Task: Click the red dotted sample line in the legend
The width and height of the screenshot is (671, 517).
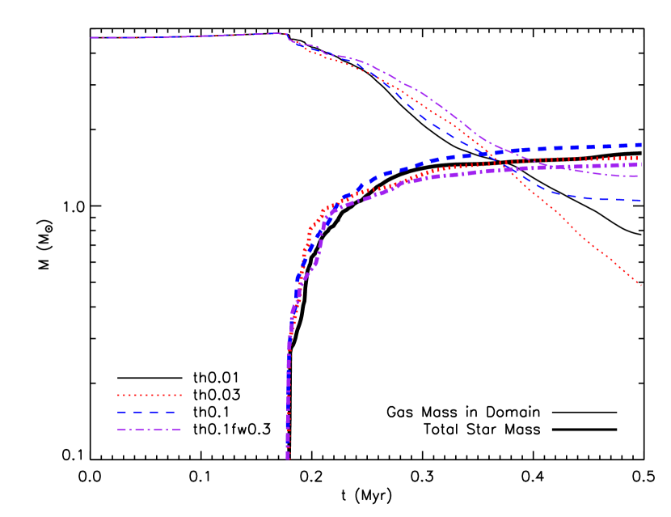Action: point(150,395)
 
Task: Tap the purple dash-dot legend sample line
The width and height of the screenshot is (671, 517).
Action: point(150,429)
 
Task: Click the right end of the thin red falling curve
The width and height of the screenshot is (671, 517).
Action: point(640,285)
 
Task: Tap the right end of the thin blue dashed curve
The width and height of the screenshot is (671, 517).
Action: point(640,200)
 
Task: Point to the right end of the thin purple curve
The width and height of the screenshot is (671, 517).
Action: point(640,176)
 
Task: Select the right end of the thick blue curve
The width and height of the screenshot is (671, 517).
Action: point(640,145)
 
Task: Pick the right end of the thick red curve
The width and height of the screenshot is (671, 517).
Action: point(640,158)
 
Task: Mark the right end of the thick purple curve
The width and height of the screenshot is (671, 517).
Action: point(640,164)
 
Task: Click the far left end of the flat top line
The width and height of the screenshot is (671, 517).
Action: point(91,37)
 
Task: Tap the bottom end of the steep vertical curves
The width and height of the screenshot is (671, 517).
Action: point(288,458)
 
